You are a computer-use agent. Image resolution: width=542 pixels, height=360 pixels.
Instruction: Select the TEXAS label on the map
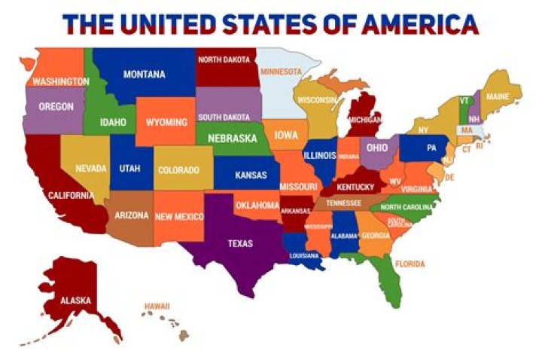click(x=241, y=243)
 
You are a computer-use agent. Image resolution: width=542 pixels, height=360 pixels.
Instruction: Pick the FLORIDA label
click(x=410, y=264)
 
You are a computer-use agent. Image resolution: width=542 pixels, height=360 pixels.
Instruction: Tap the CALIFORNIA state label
click(x=71, y=196)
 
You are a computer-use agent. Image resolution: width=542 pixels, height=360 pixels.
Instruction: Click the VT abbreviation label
click(x=464, y=101)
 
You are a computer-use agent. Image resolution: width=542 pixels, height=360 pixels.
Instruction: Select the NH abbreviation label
click(x=473, y=119)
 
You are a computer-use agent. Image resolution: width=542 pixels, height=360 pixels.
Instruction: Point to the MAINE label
click(x=498, y=97)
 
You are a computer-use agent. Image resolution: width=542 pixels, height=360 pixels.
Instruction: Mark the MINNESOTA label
click(x=281, y=72)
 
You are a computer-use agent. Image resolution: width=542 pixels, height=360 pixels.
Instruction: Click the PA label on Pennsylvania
click(x=431, y=148)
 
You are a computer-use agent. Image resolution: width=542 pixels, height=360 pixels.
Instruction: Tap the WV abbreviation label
click(x=394, y=182)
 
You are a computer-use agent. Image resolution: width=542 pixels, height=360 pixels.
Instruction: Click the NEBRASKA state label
click(x=232, y=139)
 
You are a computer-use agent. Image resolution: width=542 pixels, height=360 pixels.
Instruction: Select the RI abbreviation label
click(x=479, y=146)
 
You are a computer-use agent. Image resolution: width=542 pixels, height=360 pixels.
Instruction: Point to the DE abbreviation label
click(x=450, y=177)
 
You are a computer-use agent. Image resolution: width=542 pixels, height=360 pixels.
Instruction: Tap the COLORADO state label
click(x=178, y=170)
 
